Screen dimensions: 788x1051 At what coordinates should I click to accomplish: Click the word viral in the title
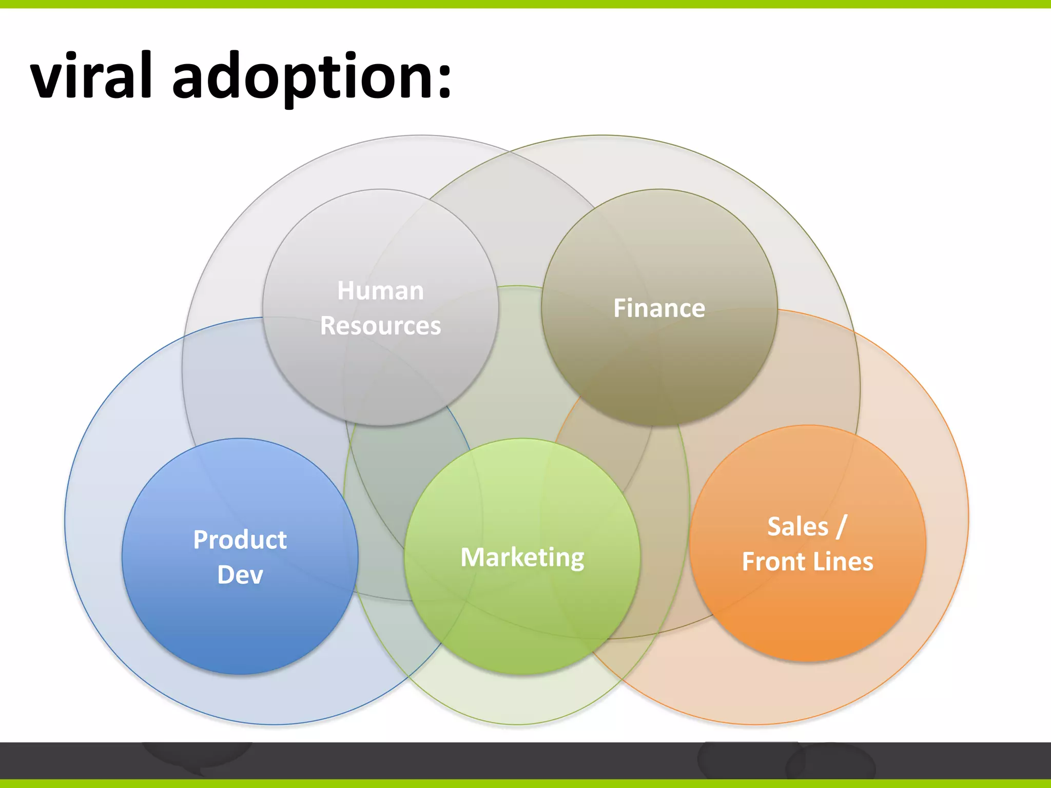pyautogui.click(x=91, y=76)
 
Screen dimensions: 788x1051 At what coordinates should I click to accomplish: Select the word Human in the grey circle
pyautogui.click(x=380, y=291)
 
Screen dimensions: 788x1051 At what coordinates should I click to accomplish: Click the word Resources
pyautogui.click(x=380, y=326)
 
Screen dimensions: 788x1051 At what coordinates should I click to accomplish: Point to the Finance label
pyautogui.click(x=659, y=308)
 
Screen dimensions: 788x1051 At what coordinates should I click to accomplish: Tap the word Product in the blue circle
pyautogui.click(x=240, y=540)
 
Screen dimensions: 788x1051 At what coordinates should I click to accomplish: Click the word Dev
pyautogui.click(x=240, y=575)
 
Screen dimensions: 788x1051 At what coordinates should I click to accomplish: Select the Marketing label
pyautogui.click(x=522, y=558)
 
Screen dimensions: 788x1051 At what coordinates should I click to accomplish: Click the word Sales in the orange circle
pyautogui.click(x=797, y=527)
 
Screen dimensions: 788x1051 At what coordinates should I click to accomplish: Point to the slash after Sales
pyautogui.click(x=841, y=527)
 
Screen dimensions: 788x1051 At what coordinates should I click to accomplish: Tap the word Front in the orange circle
pyautogui.click(x=773, y=562)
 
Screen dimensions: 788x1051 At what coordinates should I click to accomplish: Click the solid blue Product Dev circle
pyautogui.click(x=240, y=631)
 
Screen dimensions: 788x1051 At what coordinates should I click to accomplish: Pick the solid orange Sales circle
pyautogui.click(x=808, y=616)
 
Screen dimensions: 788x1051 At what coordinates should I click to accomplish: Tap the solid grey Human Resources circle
pyautogui.click(x=380, y=380)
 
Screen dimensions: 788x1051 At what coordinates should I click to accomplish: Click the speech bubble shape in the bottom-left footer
pyautogui.click(x=198, y=757)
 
